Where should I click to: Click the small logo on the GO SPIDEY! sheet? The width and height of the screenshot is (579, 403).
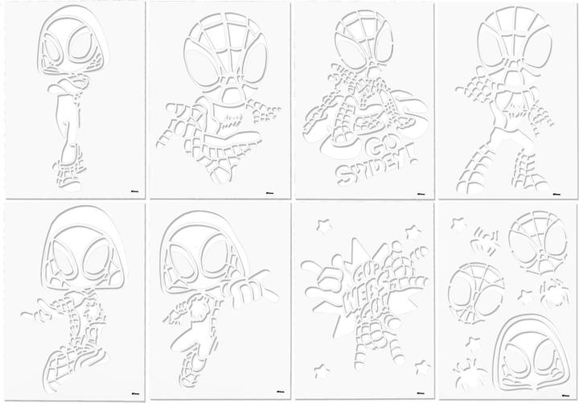(x=419, y=191)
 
